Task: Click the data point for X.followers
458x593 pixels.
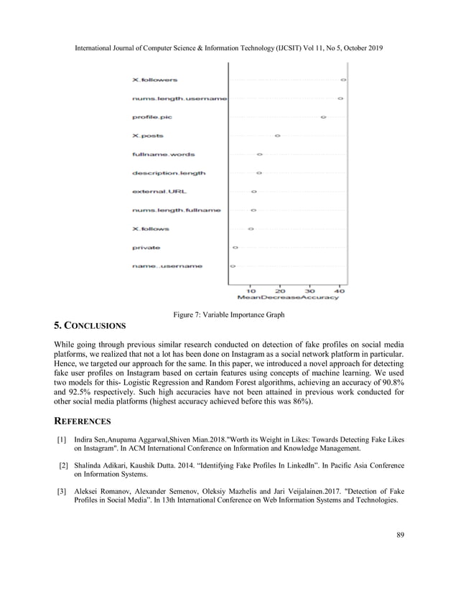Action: click(343, 79)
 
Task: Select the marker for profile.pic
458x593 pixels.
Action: click(323, 116)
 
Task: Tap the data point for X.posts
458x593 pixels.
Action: click(277, 135)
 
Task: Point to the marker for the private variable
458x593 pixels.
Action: click(235, 248)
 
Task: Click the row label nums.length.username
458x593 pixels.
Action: click(179, 98)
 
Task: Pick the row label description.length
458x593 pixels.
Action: click(169, 173)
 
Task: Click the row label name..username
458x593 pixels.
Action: click(167, 266)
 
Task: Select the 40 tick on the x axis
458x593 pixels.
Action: click(339, 291)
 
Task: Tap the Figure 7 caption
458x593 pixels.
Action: click(229, 314)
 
